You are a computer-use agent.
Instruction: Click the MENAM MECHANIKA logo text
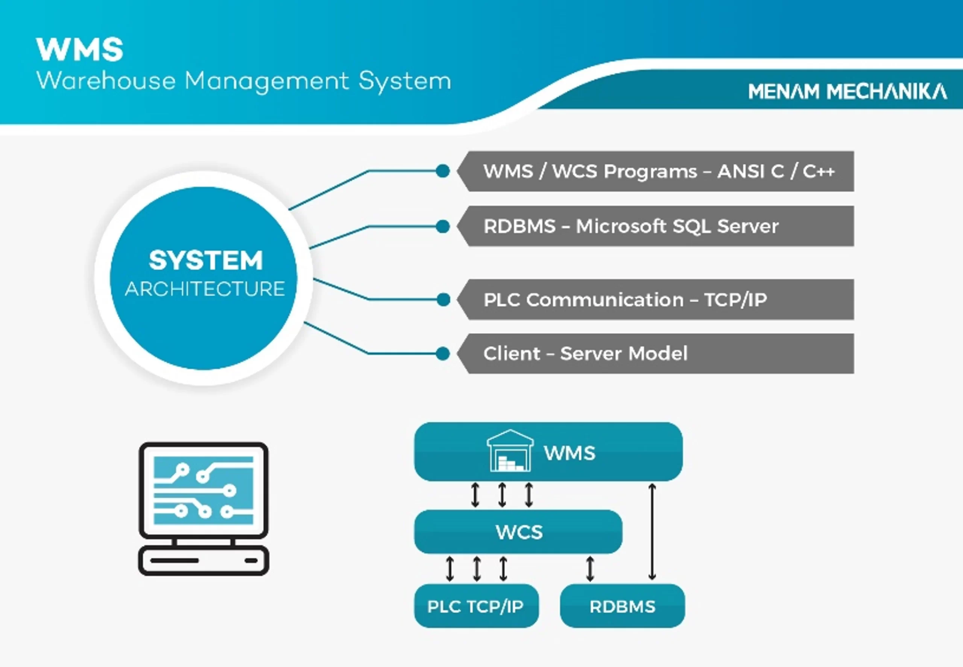tap(847, 91)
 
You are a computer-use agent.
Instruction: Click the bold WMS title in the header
tap(79, 50)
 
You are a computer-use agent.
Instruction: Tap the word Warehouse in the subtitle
tap(106, 80)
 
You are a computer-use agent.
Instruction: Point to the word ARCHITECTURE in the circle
tap(205, 289)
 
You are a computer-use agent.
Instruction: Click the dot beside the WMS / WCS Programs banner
tap(442, 171)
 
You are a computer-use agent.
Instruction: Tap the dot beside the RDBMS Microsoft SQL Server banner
tap(442, 226)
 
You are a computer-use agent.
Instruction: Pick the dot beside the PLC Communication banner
tap(443, 300)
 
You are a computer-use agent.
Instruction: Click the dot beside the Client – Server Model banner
tap(442, 354)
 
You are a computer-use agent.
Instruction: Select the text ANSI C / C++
tap(775, 171)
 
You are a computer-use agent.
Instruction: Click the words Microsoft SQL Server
tap(677, 226)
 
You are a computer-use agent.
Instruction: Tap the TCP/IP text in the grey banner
tap(735, 300)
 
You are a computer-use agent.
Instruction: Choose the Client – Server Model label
tap(585, 354)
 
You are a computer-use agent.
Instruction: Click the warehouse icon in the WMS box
tap(510, 451)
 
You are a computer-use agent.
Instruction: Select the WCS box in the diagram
tap(518, 532)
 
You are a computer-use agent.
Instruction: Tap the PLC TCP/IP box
tap(475, 606)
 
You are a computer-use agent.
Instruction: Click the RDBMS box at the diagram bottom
tap(622, 606)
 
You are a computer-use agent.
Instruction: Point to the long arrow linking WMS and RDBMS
tap(652, 532)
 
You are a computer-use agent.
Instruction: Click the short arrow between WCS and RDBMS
tap(589, 569)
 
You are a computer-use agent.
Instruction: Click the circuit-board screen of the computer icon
tap(204, 490)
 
